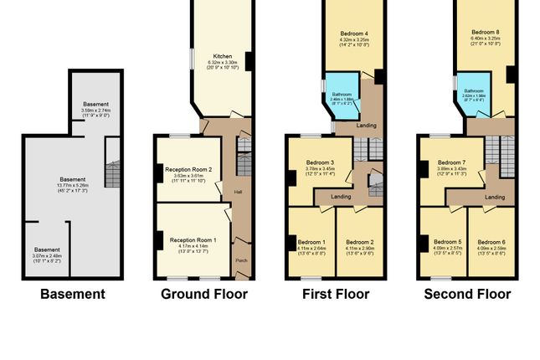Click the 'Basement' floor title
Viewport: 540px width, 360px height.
74,294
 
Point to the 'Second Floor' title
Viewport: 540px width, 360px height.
466,294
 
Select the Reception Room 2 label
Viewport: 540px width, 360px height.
188,170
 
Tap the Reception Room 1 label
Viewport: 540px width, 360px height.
193,240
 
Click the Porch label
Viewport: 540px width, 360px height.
241,260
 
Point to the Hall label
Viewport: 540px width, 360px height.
239,193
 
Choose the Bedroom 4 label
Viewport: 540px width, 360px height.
353,33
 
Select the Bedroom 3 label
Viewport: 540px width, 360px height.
320,162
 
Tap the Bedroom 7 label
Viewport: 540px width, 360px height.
451,162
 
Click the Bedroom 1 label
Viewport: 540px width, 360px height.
311,242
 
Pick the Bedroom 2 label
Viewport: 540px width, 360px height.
360,242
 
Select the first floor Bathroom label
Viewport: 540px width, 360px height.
342,95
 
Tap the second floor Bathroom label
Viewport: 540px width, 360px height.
474,90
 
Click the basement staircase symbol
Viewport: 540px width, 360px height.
111,174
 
